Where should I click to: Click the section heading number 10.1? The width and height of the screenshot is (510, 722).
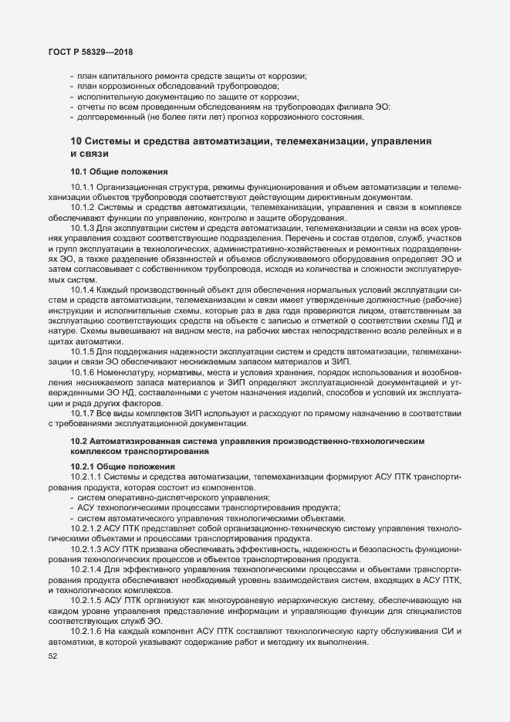click(79, 171)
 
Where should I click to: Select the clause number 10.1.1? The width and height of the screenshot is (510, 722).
click(82, 188)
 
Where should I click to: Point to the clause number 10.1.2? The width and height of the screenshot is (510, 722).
click(82, 208)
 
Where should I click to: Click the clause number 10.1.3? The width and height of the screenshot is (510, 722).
click(82, 228)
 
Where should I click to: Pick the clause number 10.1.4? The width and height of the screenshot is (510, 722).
click(82, 289)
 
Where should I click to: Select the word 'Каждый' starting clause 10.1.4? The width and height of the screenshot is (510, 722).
click(111, 289)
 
